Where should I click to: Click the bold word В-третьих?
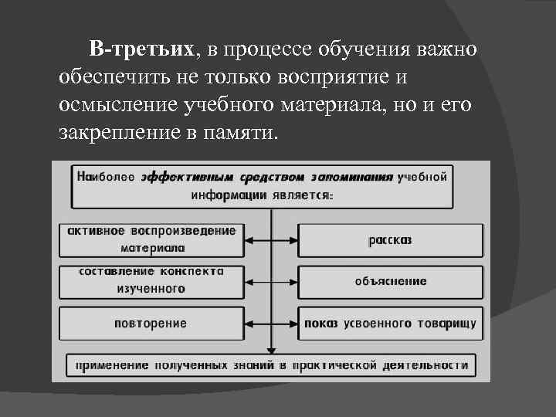pos(141,50)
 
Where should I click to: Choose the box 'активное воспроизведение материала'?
pos(151,239)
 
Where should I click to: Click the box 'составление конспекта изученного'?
pos(151,280)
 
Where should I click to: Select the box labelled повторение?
pos(151,323)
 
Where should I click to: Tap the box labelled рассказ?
pos(390,239)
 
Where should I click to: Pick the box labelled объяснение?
pos(390,281)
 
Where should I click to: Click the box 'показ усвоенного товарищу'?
pos(390,323)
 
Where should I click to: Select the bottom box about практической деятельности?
pos(270,364)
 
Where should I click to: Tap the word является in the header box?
pos(303,195)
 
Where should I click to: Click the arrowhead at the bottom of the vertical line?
pos(271,351)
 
